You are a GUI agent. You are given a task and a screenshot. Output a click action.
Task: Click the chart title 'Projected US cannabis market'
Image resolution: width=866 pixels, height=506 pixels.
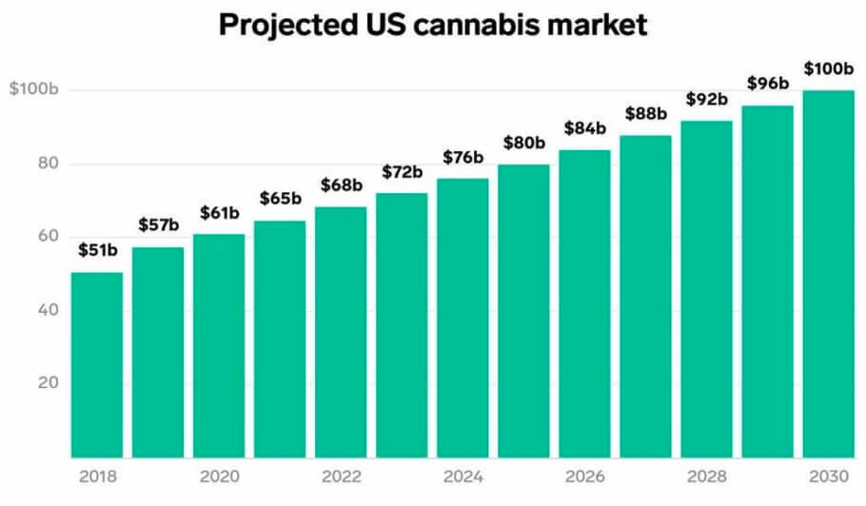click(433, 24)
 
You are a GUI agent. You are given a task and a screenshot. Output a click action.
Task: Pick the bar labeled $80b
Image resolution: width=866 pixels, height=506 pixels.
click(523, 310)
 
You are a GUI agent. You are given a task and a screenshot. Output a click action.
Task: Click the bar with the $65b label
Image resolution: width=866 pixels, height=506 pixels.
click(280, 339)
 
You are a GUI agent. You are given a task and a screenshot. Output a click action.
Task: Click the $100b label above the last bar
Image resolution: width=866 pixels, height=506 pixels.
click(829, 69)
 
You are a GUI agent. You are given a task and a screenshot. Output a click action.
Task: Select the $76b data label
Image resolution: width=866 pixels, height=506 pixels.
click(463, 158)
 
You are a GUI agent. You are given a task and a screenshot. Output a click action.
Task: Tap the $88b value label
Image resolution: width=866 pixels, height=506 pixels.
click(645, 114)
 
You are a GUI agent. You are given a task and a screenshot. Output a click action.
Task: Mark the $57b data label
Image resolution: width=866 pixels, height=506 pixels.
click(158, 227)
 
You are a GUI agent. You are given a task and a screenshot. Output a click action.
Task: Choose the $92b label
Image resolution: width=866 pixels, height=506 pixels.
click(706, 99)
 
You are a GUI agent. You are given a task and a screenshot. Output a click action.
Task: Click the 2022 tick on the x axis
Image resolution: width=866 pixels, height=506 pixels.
click(341, 475)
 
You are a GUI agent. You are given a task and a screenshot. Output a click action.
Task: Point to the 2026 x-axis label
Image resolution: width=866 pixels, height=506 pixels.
click(584, 475)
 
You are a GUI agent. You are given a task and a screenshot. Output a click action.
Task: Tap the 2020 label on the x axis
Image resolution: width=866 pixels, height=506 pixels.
click(219, 475)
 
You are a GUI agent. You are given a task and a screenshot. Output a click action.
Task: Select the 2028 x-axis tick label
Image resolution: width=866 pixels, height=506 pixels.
click(706, 475)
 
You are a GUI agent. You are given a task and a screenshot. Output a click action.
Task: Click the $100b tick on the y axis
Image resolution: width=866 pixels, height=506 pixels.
click(34, 89)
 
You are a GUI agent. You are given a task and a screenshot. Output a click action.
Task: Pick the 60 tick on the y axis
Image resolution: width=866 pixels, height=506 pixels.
click(48, 237)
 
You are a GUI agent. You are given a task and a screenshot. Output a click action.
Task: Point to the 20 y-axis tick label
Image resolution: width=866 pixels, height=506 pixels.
click(48, 383)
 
